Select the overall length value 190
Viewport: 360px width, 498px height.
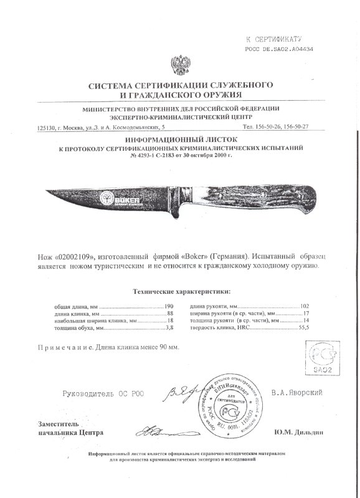tap(167, 307)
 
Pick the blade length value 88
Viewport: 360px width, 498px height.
tap(168, 314)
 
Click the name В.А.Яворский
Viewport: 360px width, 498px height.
tap(299, 393)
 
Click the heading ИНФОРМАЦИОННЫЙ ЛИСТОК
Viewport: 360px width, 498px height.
tap(180, 141)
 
